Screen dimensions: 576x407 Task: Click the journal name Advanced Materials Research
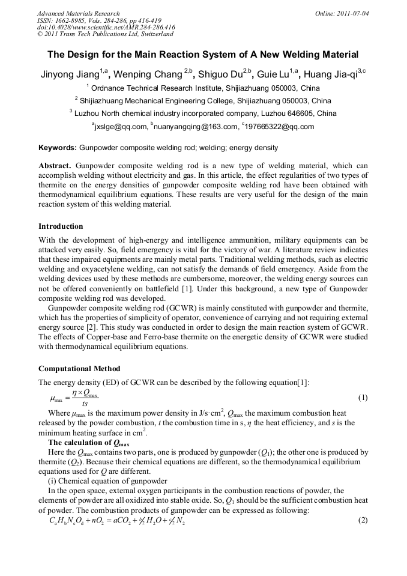tap(79, 13)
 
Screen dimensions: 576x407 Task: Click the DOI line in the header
tap(106, 27)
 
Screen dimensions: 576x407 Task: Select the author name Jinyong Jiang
tap(70, 75)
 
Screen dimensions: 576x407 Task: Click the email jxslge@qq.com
tap(121, 127)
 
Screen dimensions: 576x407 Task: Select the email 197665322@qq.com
tap(280, 127)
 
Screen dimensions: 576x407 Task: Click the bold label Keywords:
tap(58, 148)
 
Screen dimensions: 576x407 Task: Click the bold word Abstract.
tap(55, 166)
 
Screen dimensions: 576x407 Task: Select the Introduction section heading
tap(61, 226)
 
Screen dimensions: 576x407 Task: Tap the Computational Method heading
tap(79, 369)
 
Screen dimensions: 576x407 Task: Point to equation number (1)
tap(363, 398)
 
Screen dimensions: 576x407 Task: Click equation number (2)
tap(363, 520)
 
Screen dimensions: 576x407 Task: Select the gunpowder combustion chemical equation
tap(117, 520)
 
